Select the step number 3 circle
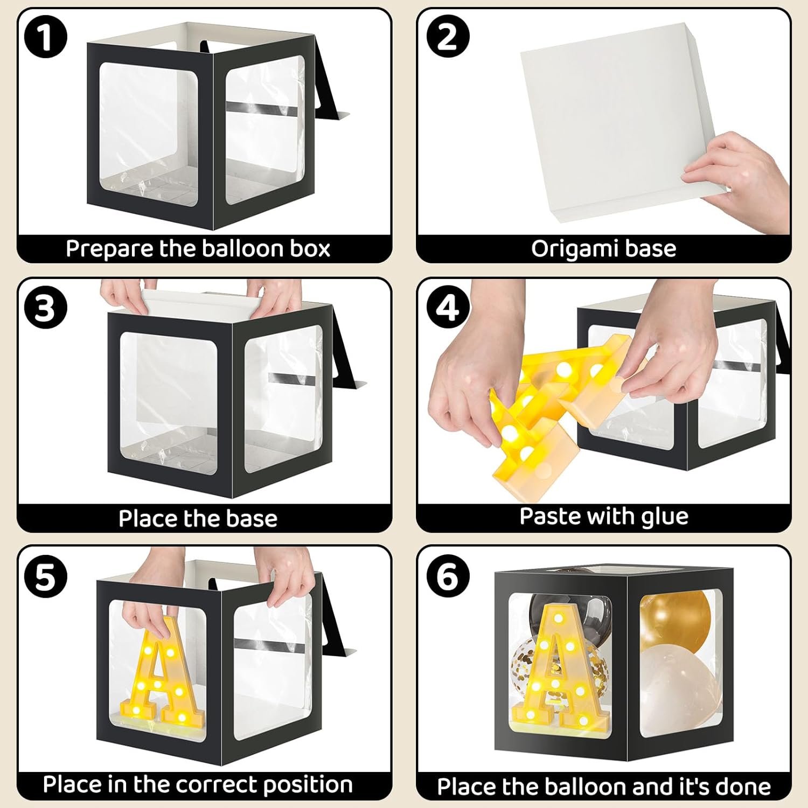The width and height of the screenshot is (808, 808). [45, 308]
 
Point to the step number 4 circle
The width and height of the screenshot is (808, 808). [448, 308]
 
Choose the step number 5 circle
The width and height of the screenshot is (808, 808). [45, 576]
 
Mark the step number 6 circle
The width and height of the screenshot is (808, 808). [448, 576]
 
